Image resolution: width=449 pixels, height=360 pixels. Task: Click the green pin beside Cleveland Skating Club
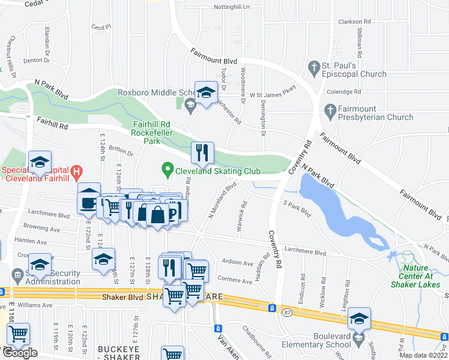pyautogui.click(x=167, y=170)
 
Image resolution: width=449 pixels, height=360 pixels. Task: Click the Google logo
pyautogui.click(x=20, y=352)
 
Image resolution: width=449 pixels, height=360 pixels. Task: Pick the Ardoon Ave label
pyautogui.click(x=239, y=263)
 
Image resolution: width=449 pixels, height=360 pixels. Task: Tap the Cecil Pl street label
pyautogui.click(x=101, y=27)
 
